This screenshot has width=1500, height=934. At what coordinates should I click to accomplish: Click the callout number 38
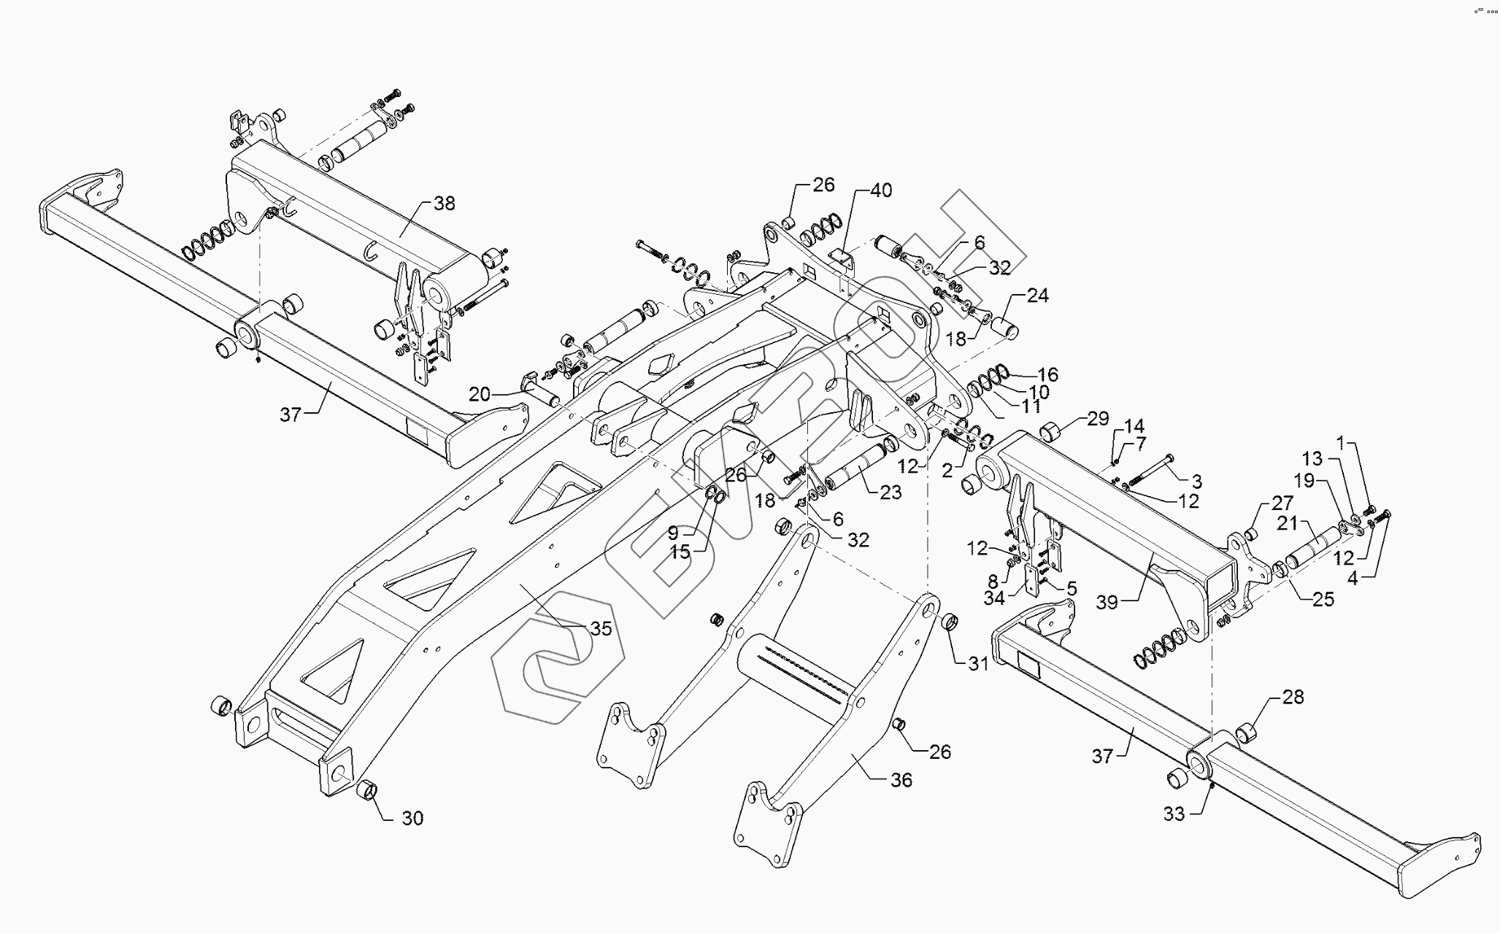[444, 204]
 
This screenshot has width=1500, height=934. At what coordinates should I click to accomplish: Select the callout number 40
[881, 190]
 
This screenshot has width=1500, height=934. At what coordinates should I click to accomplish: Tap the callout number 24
[1037, 296]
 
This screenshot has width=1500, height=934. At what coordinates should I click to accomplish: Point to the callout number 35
[601, 629]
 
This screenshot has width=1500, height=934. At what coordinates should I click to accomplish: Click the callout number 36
[901, 780]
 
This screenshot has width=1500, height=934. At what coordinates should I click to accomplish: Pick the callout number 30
[412, 818]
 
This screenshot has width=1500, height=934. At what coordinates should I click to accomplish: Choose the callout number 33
[1174, 814]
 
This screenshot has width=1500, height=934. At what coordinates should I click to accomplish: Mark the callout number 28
[1293, 697]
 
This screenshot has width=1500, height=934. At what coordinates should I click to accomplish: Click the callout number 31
[978, 664]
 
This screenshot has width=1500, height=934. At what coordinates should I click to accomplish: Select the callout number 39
[1107, 602]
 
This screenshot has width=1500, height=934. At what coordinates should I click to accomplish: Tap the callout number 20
[480, 395]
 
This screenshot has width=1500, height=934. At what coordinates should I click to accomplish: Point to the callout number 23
[891, 493]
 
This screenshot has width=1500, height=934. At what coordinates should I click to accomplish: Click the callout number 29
[1098, 419]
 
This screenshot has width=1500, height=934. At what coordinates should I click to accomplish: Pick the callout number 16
[1047, 375]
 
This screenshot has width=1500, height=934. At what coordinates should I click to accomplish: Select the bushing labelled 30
[367, 790]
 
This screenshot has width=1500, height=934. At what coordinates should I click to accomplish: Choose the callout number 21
[1287, 524]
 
